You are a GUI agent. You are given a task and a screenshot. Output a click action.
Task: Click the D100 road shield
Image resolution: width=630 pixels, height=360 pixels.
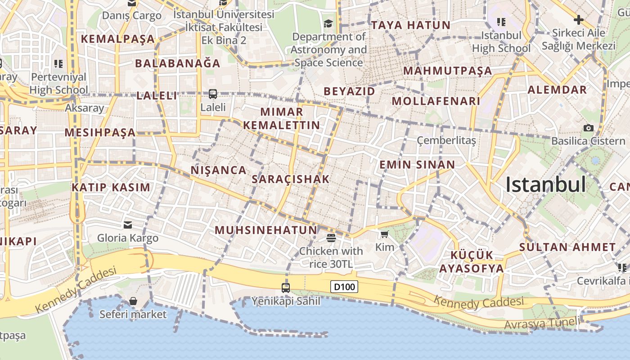click(344, 287)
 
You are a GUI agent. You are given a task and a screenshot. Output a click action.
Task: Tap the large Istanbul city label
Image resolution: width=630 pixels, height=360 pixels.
click(545, 184)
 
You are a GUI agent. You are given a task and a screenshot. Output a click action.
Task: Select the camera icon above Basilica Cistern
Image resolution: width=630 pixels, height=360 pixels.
click(588, 128)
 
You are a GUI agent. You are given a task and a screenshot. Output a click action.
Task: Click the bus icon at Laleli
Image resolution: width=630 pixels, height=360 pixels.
click(213, 94)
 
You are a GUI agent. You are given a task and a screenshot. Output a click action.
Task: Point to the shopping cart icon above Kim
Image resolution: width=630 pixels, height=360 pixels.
click(384, 234)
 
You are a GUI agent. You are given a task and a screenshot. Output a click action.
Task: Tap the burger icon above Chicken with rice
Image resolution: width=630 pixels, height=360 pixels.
click(331, 237)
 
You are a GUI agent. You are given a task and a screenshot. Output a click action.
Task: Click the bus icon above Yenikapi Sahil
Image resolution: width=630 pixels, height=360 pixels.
click(285, 288)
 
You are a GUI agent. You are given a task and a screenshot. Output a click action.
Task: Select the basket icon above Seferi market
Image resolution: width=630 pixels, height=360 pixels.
click(133, 301)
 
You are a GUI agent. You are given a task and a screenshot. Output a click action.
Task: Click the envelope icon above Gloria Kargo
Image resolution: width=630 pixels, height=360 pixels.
click(128, 225)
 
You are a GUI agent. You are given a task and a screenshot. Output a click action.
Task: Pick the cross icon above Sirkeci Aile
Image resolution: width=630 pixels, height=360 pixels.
click(579, 20)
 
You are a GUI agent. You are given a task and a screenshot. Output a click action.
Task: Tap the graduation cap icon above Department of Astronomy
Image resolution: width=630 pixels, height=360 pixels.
click(328, 23)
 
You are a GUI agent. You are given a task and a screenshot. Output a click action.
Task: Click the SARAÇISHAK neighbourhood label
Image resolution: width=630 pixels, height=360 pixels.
click(291, 179)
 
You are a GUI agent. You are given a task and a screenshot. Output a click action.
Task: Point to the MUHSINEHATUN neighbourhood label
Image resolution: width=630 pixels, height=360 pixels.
click(266, 230)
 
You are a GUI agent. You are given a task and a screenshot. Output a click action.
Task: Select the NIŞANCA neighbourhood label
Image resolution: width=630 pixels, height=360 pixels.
click(219, 170)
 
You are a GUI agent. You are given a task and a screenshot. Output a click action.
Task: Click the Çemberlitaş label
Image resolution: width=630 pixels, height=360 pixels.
click(446, 140)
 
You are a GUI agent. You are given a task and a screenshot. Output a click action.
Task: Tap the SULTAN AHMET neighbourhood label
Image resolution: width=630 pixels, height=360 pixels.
click(567, 247)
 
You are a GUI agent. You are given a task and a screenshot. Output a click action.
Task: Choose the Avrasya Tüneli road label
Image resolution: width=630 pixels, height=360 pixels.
click(542, 323)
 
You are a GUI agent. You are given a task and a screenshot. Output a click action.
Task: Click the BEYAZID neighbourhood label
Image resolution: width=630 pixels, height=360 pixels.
click(349, 91)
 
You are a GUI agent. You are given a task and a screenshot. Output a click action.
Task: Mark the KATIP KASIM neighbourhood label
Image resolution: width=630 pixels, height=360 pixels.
click(111, 188)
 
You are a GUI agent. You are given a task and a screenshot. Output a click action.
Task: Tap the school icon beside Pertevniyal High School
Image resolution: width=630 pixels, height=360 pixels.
click(58, 64)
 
